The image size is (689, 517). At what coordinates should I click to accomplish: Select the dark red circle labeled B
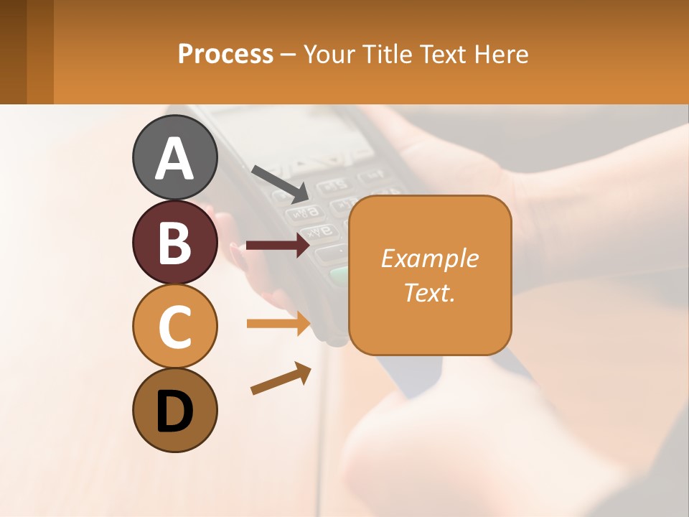tap(175, 242)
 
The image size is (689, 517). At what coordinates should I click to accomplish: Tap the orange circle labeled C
tap(175, 327)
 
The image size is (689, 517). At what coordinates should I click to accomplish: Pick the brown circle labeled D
tap(175, 411)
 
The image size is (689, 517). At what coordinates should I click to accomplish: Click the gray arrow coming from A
tap(279, 182)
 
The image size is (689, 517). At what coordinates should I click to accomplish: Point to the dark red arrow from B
tap(278, 246)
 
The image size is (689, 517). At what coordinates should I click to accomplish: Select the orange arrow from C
tap(278, 323)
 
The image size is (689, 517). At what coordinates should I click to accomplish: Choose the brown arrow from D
tap(281, 378)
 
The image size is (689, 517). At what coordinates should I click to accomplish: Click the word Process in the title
tap(225, 54)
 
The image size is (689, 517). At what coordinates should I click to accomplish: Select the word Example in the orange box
tap(429, 258)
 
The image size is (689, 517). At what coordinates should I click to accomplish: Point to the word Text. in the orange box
tap(429, 292)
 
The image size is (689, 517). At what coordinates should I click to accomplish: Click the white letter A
tap(175, 159)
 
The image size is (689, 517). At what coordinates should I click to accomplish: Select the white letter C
tap(175, 327)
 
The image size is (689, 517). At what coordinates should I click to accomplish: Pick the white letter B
tap(175, 243)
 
